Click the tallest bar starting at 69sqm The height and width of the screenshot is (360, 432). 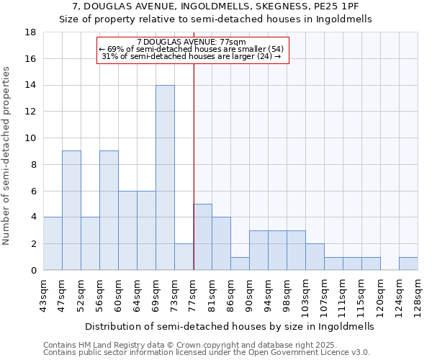[165, 177]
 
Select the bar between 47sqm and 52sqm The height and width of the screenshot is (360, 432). [71, 210]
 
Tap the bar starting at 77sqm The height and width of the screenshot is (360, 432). [202, 237]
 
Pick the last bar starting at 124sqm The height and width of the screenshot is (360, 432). [408, 264]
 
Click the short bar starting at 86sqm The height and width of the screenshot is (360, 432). [240, 264]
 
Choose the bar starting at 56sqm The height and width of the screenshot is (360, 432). [109, 210]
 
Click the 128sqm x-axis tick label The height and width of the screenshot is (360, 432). [418, 295]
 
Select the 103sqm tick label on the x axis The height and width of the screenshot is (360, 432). [305, 295]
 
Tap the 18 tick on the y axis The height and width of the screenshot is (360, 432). [31, 32]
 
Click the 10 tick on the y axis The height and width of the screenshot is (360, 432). [31, 138]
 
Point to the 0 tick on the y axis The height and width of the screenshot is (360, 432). [34, 271]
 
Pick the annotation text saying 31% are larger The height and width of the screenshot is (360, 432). [192, 56]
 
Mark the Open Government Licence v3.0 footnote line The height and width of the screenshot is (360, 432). [206, 352]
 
